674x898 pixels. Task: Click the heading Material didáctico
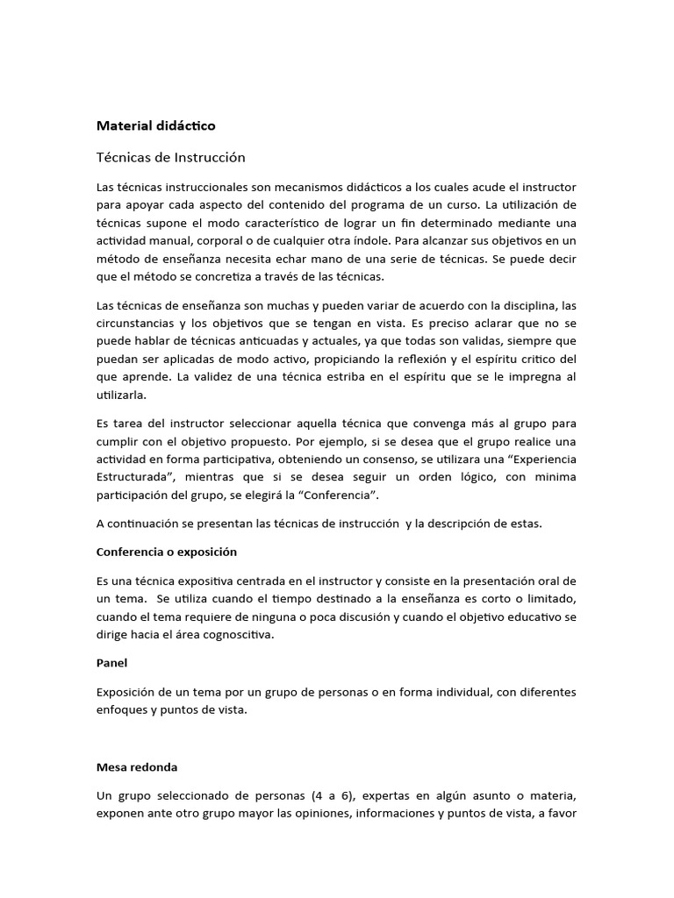pyautogui.click(x=155, y=125)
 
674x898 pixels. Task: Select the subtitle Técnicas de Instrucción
pyautogui.click(x=170, y=158)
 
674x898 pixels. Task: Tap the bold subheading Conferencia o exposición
pyautogui.click(x=166, y=552)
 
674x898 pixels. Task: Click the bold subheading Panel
pyautogui.click(x=111, y=663)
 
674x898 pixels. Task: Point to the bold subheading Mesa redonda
pyautogui.click(x=136, y=766)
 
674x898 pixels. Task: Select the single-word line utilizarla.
pyautogui.click(x=123, y=395)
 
